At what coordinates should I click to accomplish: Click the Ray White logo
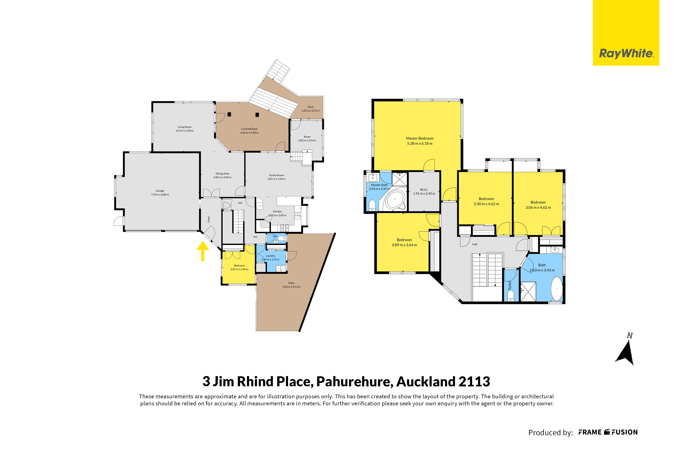(x=626, y=33)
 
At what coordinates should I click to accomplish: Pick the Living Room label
(x=185, y=127)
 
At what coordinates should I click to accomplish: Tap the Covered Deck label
(x=249, y=129)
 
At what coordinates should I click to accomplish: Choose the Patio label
(x=291, y=283)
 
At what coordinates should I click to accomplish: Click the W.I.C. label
(x=424, y=190)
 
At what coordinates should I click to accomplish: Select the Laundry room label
(x=270, y=256)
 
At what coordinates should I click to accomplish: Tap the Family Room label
(x=276, y=175)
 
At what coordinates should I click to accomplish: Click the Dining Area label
(x=222, y=173)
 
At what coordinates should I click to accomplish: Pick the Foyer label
(x=209, y=219)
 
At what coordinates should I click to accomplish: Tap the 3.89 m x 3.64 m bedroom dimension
(x=404, y=245)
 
